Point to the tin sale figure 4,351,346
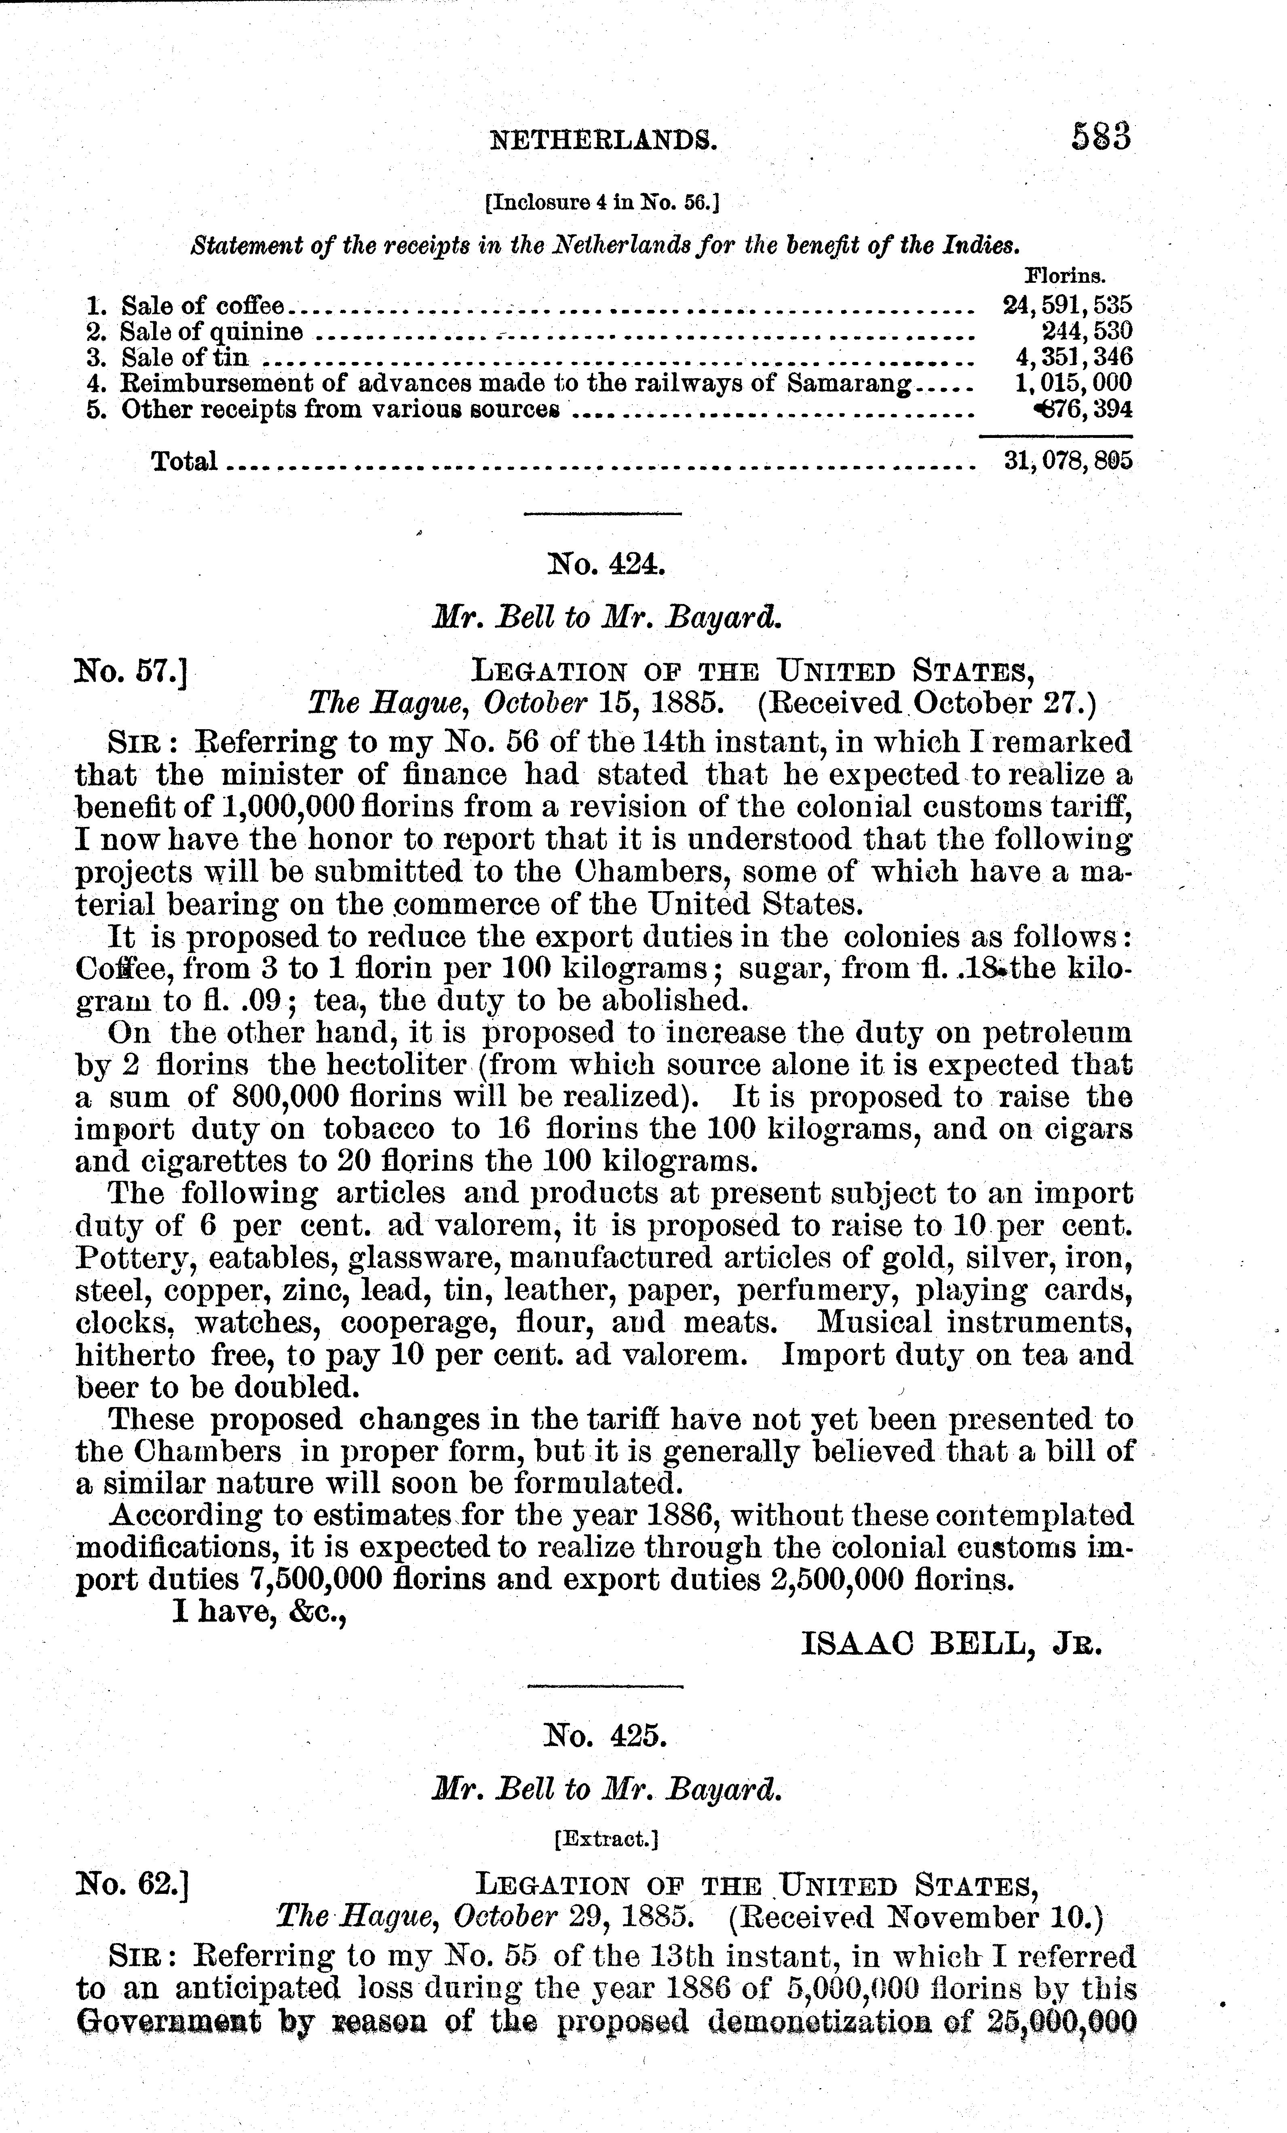coord(1074,357)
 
